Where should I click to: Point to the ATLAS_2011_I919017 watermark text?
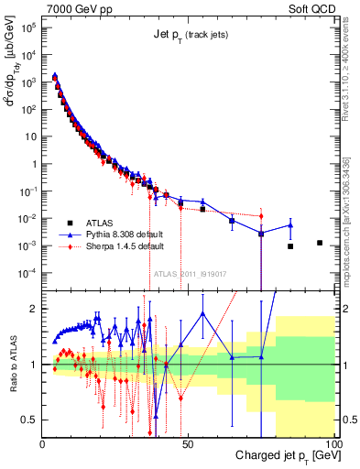coord(191,272)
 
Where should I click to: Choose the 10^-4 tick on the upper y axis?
coord(27,273)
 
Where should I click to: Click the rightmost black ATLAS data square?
coord(320,243)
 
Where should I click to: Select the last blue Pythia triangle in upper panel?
coord(290,225)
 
